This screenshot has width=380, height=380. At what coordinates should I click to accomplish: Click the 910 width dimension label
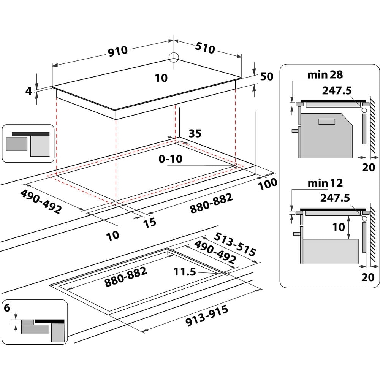pyautogui.click(x=118, y=51)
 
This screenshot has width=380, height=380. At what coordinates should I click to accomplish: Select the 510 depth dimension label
pyautogui.click(x=205, y=48)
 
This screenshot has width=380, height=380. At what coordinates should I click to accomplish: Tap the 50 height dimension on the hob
pyautogui.click(x=267, y=76)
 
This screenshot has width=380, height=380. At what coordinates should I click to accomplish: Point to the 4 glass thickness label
pyautogui.click(x=28, y=91)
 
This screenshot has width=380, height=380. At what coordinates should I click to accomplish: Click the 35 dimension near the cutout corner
pyautogui.click(x=195, y=133)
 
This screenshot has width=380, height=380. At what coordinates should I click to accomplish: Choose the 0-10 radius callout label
pyautogui.click(x=171, y=159)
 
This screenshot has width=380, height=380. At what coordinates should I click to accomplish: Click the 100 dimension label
pyautogui.click(x=268, y=184)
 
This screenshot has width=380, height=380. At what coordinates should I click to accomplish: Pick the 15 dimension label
pyautogui.click(x=150, y=223)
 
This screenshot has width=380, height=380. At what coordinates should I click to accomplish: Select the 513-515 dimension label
pyautogui.click(x=234, y=244)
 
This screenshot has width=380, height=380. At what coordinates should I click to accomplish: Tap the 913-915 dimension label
pyautogui.click(x=207, y=316)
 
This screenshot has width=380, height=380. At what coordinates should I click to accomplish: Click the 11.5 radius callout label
pyautogui.click(x=185, y=272)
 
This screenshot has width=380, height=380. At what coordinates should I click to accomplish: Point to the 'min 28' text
pyautogui.click(x=325, y=74)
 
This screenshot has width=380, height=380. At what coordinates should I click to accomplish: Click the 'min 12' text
pyautogui.click(x=325, y=183)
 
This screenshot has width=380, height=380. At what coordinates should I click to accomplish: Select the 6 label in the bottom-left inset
pyautogui.click(x=7, y=307)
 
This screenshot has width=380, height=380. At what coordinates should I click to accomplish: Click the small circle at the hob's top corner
pyautogui.click(x=174, y=57)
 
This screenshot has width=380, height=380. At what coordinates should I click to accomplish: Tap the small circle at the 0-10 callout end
pyautogui.click(x=235, y=166)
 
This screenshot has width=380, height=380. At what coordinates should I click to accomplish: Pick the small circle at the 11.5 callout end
pyautogui.click(x=227, y=274)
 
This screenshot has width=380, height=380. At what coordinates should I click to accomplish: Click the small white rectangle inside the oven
pyautogui.click(x=327, y=122)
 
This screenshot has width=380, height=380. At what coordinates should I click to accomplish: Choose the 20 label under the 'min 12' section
pyautogui.click(x=368, y=277)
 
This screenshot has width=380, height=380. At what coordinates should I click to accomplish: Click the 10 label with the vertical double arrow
pyautogui.click(x=339, y=227)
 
